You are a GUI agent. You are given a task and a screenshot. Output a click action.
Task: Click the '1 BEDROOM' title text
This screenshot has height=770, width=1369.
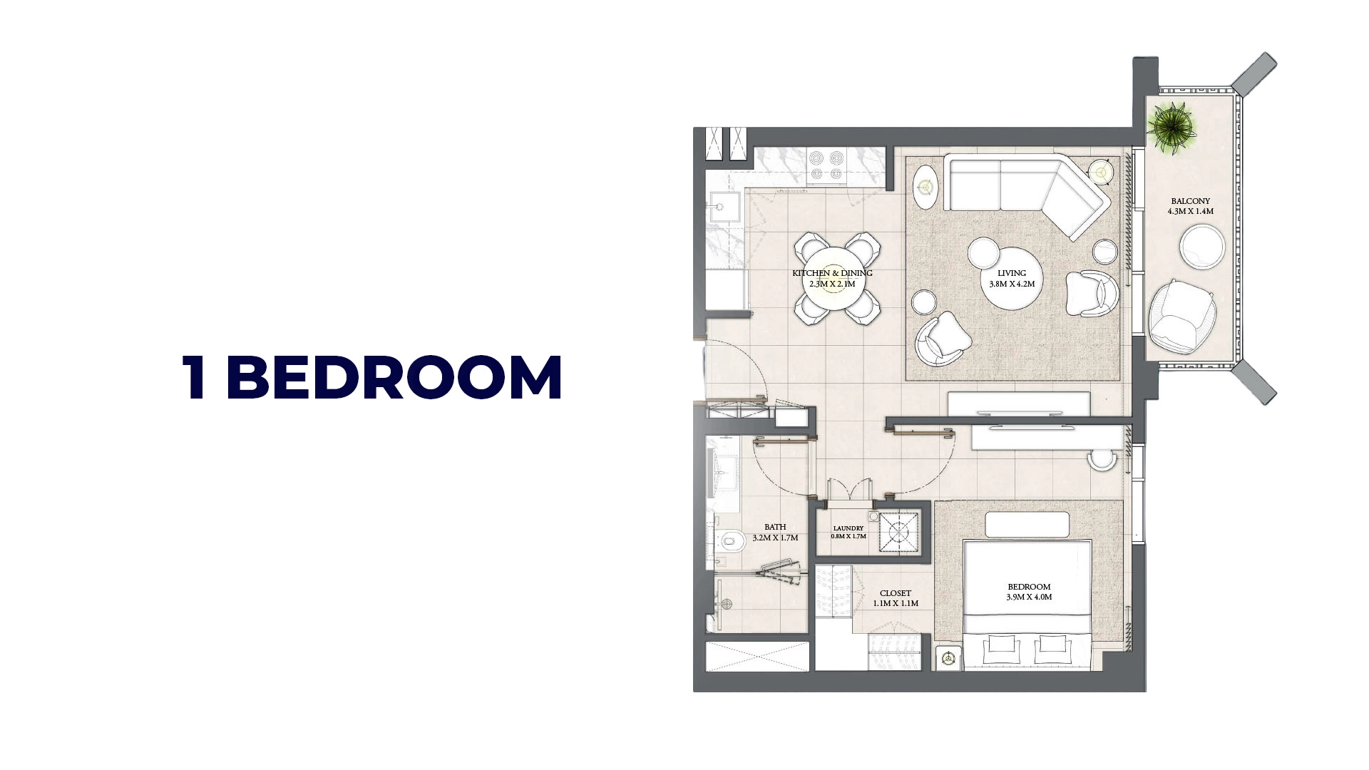tap(372, 377)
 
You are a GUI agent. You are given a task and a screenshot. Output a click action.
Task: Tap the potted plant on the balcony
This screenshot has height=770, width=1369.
tap(1171, 126)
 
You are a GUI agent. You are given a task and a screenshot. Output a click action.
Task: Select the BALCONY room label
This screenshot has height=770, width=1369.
tap(1190, 201)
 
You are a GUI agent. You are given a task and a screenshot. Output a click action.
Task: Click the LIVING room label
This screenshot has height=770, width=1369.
tap(1012, 273)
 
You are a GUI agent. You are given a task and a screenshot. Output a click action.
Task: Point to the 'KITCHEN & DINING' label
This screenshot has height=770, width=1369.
tap(832, 273)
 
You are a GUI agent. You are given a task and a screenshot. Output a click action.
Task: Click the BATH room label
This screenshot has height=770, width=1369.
tap(775, 528)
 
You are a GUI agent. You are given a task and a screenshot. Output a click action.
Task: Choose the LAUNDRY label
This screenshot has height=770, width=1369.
tap(848, 528)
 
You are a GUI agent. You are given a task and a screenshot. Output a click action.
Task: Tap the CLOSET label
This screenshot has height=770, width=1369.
tap(896, 593)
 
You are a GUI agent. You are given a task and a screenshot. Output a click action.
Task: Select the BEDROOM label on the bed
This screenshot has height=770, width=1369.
tap(1028, 587)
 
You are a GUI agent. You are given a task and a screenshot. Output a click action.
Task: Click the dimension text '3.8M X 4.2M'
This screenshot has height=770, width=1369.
tap(1012, 284)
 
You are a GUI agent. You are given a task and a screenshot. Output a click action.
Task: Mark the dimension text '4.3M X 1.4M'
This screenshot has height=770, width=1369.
tap(1190, 212)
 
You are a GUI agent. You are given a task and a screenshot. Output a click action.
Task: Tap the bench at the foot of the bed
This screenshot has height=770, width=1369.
tap(1027, 525)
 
